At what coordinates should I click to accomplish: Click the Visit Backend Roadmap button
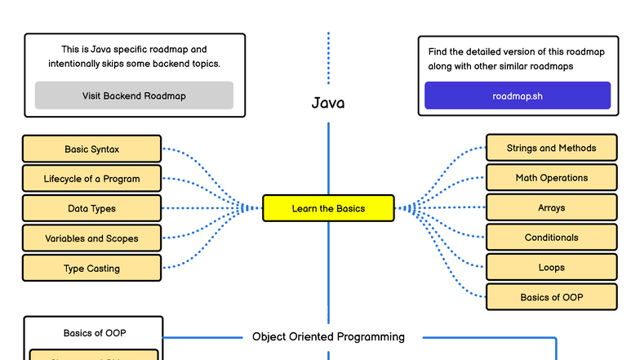coord(134,96)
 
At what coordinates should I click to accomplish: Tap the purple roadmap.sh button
coord(517,96)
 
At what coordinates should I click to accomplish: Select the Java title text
coord(328,104)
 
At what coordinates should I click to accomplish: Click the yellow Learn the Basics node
coord(328,208)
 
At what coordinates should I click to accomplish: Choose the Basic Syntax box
coord(91,149)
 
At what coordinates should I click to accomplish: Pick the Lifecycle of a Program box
coord(91,179)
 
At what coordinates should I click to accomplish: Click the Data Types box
coord(91,209)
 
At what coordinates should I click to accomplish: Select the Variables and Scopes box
coord(91,238)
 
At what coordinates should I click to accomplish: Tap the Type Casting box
coord(91,269)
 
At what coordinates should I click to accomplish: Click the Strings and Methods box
coord(551,148)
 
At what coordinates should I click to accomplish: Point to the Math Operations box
coord(551,178)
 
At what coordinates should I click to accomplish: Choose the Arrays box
coord(551,208)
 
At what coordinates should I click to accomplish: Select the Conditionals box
coord(551,238)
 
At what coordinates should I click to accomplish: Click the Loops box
coord(551,268)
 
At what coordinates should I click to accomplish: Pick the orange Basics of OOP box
coord(551,297)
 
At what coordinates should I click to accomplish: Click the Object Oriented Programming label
coord(328,336)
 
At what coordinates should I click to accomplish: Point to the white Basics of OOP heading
coord(95,333)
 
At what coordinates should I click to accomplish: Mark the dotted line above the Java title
coord(328,57)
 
